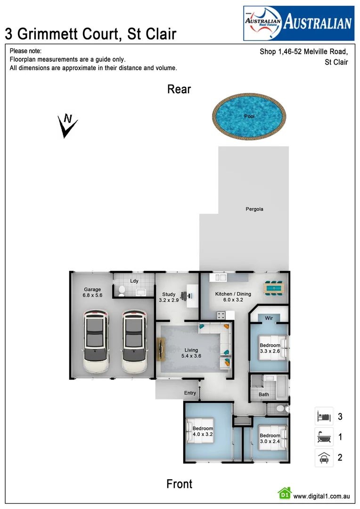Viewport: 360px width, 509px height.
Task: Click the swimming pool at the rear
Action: (249, 116)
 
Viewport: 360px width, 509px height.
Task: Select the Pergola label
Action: (254, 209)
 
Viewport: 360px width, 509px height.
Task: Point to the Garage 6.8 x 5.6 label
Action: (92, 293)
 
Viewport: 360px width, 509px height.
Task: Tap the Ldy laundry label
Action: (134, 281)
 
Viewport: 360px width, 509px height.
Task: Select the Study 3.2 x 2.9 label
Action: (169, 297)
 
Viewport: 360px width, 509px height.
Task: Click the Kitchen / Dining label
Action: (233, 297)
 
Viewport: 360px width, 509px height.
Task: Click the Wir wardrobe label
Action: (270, 318)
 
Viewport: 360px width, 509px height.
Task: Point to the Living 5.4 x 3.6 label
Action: (191, 353)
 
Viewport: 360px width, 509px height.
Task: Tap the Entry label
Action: (190, 393)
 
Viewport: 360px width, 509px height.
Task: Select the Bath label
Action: (264, 394)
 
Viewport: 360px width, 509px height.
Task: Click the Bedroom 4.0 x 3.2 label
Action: (203, 432)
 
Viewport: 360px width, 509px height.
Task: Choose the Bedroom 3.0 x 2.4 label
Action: (270, 438)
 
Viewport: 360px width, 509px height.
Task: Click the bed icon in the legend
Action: (324, 417)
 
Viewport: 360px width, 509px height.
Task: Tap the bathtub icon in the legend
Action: (324, 437)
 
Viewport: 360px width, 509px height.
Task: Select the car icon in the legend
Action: (324, 457)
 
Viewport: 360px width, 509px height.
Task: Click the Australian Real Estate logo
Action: (298, 23)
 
